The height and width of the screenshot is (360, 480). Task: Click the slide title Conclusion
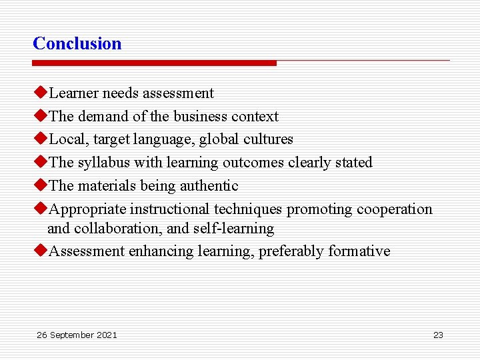[x=77, y=44]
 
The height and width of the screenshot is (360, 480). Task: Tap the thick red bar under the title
[x=154, y=63]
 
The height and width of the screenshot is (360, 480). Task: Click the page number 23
[x=438, y=335]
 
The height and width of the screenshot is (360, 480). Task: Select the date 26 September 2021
[x=77, y=335]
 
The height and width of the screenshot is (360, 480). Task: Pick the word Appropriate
[x=87, y=209]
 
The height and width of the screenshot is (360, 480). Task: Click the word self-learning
[x=233, y=229]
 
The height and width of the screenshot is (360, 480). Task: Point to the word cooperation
[x=394, y=209]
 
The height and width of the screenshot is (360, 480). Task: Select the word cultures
[x=269, y=139]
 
